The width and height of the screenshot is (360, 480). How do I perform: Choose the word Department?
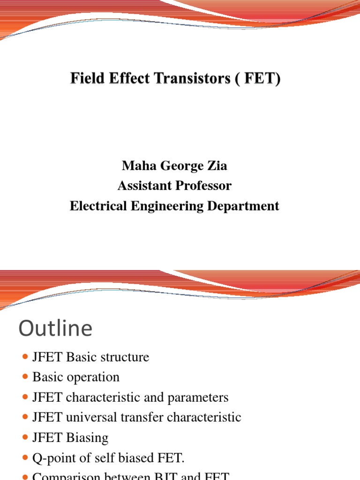pos(246,206)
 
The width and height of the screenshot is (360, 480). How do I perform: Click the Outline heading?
pos(55,329)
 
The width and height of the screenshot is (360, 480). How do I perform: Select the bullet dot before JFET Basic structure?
pos(25,358)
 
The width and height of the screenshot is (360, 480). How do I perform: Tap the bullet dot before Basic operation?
pos(25,377)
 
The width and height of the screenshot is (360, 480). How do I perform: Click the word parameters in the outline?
pos(200,398)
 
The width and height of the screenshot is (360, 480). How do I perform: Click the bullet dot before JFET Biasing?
pos(25,438)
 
